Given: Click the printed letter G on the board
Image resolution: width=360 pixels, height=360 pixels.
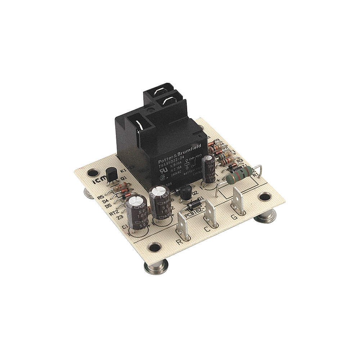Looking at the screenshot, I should tap(234, 217).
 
